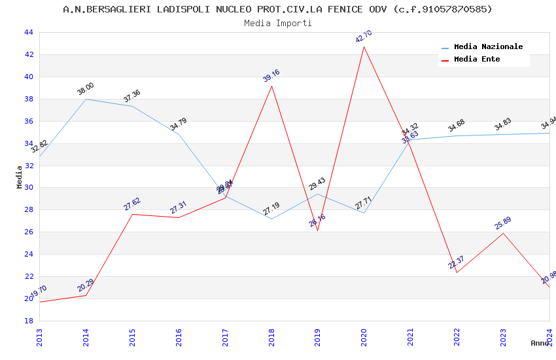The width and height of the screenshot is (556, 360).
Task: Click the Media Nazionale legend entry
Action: coord(488,47)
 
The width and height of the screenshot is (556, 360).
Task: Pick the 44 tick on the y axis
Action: coord(28,33)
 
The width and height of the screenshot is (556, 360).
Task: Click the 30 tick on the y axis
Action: coord(28,188)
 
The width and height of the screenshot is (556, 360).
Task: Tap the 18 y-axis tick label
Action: coord(28,321)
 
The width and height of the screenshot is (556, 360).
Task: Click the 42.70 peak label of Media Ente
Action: coord(364,37)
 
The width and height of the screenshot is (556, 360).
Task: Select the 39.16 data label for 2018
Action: coord(271,76)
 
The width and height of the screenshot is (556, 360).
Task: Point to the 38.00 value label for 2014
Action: coord(86,90)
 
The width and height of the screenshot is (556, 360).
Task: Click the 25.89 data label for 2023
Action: coord(503,223)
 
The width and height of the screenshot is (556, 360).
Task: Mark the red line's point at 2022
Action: coord(457,272)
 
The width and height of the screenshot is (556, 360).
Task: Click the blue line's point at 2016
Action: coord(179,134)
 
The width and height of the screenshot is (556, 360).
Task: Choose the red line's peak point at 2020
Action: coord(364,46)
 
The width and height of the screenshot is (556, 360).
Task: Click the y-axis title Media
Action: coord(20,177)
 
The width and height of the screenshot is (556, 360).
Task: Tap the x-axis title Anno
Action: coord(540,343)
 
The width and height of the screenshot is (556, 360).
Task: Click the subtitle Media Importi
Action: coord(278,24)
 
